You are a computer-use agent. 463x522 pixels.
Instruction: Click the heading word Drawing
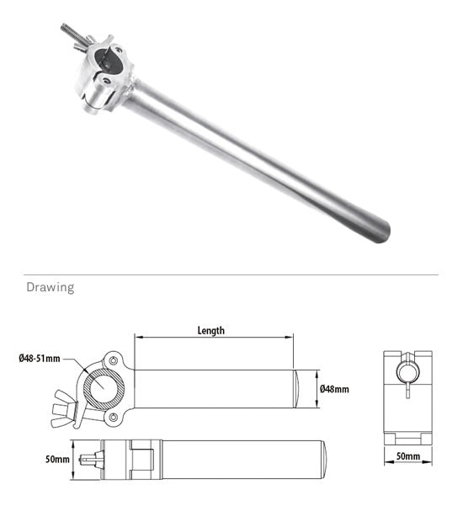point(50,288)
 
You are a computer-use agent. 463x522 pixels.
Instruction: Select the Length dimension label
point(210,331)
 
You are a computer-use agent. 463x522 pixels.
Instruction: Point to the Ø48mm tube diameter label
point(334,389)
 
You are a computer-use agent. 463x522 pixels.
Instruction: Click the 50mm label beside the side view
point(57,460)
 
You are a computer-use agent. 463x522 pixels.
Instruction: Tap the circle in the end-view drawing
point(407,371)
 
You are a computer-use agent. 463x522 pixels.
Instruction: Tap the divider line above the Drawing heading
point(231,274)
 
